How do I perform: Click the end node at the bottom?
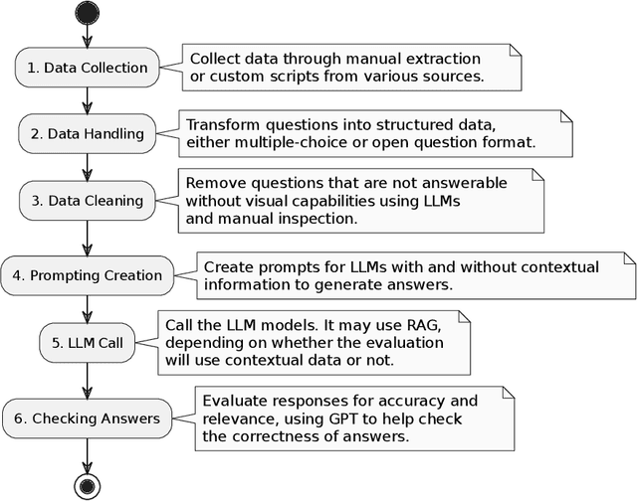click(88, 484)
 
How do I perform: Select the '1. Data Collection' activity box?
click(88, 68)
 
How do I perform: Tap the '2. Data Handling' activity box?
click(88, 134)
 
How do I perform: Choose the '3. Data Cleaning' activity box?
click(88, 201)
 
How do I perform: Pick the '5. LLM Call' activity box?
click(88, 345)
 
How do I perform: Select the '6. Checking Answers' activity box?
click(88, 417)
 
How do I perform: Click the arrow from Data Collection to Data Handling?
click(88, 100)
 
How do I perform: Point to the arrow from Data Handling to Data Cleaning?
click(88, 167)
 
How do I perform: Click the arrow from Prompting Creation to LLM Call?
click(88, 309)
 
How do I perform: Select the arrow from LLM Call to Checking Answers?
click(88, 381)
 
